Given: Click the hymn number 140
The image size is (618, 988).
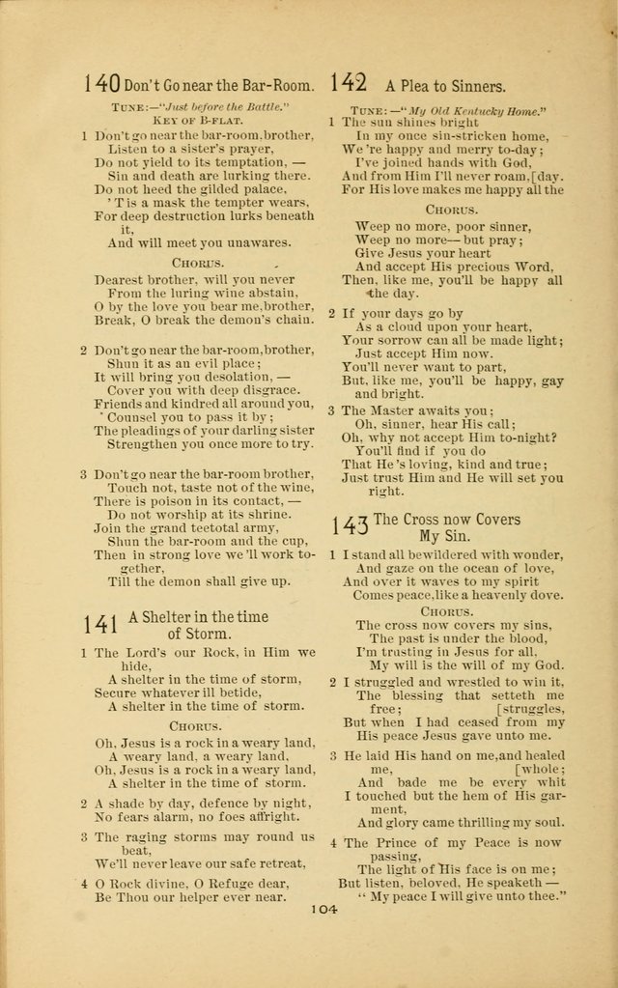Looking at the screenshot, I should (x=101, y=85).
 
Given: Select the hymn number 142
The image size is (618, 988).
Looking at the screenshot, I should (x=348, y=83).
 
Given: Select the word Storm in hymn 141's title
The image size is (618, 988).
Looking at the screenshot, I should (x=210, y=635).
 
